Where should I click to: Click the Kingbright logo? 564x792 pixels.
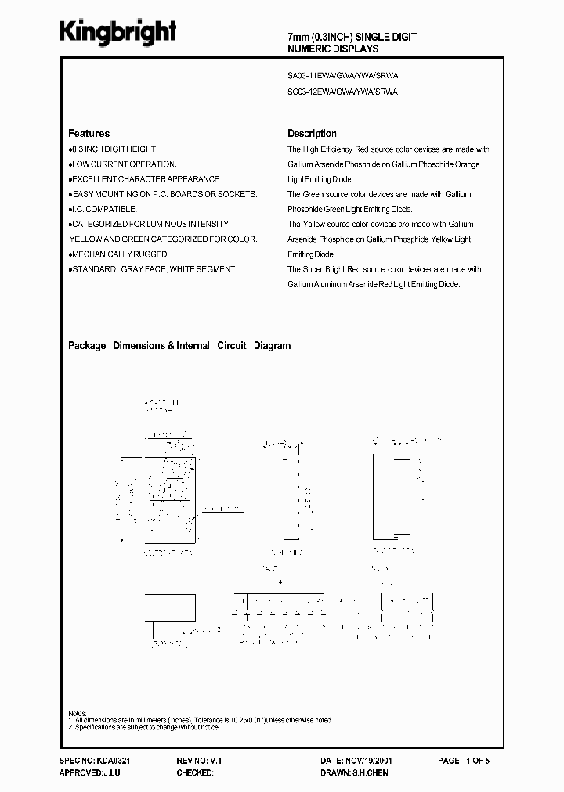(119, 32)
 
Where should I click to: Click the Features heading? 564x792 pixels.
(89, 134)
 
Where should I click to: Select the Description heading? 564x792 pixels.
(312, 134)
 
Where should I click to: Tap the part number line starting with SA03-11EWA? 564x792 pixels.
(343, 77)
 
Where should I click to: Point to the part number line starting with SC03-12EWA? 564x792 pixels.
(343, 92)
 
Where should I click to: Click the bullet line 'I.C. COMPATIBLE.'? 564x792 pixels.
(103, 209)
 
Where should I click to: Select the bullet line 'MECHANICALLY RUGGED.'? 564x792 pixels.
(119, 254)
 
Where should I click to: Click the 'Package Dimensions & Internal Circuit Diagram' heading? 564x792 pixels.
(179, 345)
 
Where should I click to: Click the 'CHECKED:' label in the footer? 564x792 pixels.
(195, 772)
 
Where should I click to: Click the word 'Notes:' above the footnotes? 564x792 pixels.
(78, 713)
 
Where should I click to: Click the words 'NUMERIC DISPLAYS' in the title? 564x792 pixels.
(334, 49)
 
